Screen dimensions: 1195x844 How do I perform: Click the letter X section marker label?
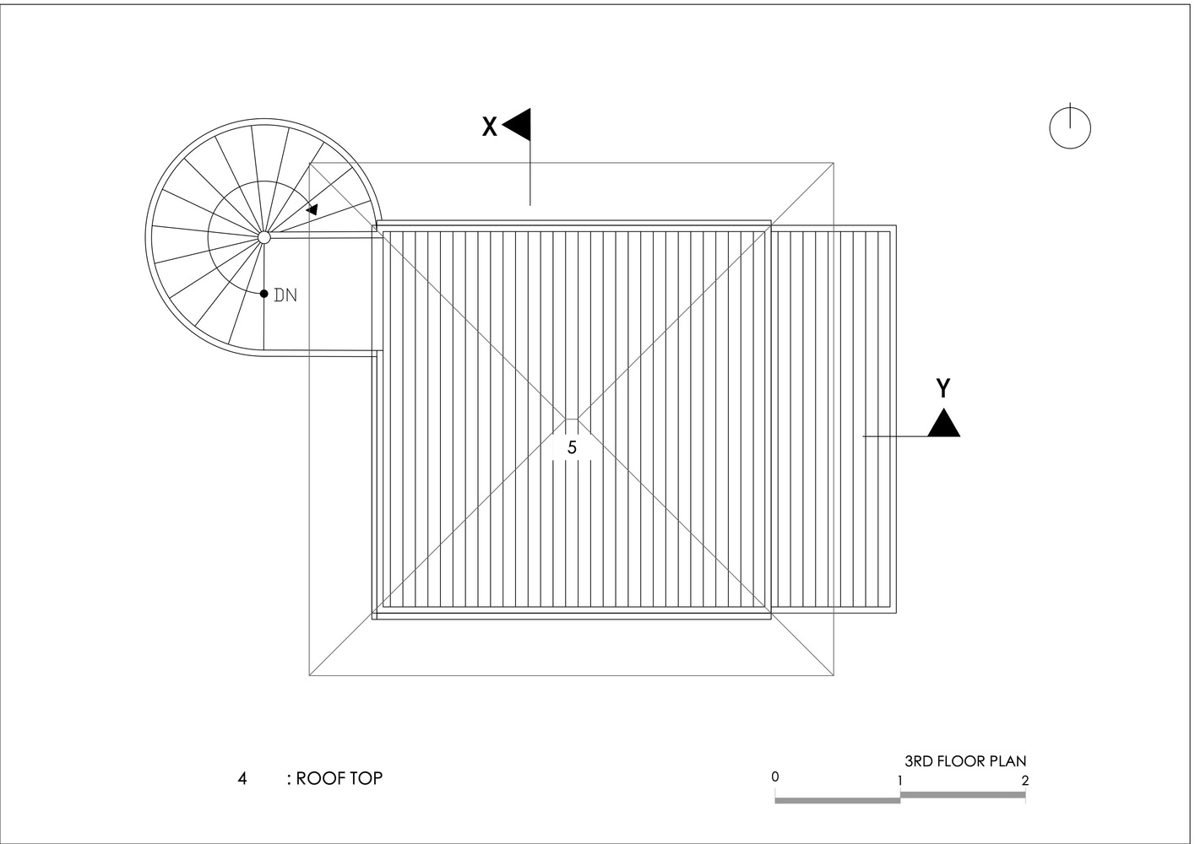tap(489, 127)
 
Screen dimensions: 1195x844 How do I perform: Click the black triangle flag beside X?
tap(517, 124)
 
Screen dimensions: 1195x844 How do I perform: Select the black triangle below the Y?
tap(943, 423)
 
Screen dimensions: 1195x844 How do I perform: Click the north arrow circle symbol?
tap(1070, 128)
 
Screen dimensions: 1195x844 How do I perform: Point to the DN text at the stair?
tap(285, 295)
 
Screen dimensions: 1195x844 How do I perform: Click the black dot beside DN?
tap(263, 293)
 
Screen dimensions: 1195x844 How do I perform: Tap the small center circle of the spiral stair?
tap(264, 237)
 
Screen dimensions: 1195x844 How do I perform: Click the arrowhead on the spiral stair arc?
tap(312, 210)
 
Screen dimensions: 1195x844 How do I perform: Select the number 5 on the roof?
tap(572, 447)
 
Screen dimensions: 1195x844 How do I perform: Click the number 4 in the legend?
tap(242, 779)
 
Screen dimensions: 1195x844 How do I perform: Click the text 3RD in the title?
tap(919, 760)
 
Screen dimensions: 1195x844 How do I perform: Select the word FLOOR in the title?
tap(962, 760)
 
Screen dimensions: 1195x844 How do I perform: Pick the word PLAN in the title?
tap(1008, 760)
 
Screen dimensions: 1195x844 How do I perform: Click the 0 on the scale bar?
tap(775, 776)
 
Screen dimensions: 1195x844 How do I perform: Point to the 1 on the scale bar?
tap(900, 781)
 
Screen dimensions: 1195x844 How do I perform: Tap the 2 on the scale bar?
tap(1024, 781)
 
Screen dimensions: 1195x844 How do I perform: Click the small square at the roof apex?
tap(572, 425)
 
